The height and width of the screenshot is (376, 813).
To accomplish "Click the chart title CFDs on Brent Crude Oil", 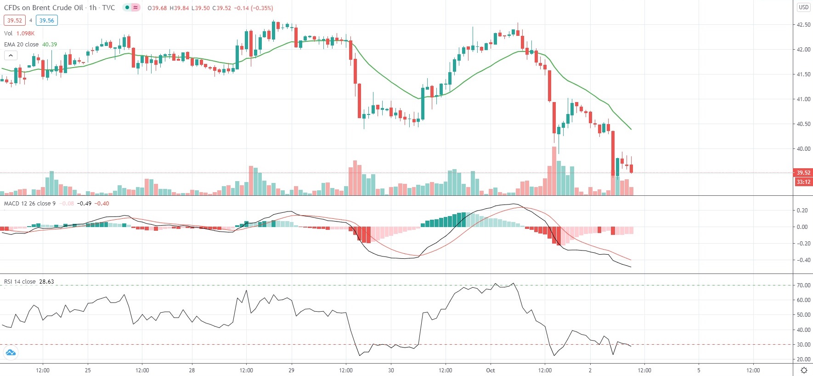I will point(44,8).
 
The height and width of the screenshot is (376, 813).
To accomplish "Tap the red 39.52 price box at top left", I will point(15,20).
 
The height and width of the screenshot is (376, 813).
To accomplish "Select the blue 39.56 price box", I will point(46,20).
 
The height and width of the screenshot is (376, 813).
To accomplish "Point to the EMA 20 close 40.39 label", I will point(30,44).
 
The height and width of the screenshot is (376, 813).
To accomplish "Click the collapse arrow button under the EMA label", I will point(11,55).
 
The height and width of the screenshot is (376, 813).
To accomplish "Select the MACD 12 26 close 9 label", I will point(30,203).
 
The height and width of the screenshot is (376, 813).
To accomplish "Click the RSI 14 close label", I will point(20,281).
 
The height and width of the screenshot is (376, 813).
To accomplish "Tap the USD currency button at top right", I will point(803,7).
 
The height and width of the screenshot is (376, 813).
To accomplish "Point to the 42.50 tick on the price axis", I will point(803,25).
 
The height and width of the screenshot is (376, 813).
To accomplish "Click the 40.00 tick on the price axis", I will point(803,149).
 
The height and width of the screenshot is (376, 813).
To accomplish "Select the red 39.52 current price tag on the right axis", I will point(803,173).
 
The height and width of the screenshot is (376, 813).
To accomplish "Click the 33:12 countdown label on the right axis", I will point(803,182).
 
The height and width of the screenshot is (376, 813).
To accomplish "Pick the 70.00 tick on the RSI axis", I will point(803,285).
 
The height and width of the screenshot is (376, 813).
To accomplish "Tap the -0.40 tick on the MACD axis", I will point(802,260).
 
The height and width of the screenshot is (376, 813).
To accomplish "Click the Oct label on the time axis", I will point(491,370).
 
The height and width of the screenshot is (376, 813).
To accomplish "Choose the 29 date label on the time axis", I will point(291,370).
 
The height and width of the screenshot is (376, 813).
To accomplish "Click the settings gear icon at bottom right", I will point(804,370).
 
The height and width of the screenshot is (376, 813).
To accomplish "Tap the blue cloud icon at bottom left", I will point(10,353).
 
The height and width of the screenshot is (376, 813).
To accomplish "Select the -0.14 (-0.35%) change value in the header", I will point(254,8).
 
